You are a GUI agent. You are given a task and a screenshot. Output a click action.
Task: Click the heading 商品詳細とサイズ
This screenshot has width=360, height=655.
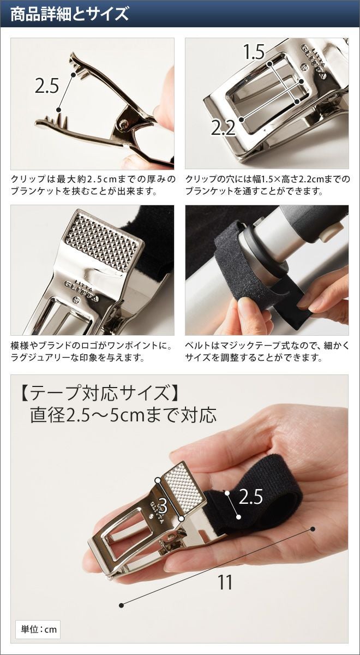(69, 14)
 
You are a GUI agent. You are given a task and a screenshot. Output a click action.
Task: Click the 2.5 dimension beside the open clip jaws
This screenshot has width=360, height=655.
(47, 86)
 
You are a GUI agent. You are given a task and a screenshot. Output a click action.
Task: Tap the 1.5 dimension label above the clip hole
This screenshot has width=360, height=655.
(254, 52)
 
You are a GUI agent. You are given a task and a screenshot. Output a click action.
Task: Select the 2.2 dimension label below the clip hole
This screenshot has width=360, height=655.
(223, 128)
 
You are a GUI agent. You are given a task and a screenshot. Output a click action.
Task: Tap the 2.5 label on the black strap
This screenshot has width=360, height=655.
(251, 496)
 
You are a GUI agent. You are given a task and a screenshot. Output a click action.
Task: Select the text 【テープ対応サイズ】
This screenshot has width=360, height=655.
(100, 392)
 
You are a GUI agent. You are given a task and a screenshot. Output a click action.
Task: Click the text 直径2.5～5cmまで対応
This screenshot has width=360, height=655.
(123, 415)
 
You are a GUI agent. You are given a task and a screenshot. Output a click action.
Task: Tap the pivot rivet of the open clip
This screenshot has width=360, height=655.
(124, 123)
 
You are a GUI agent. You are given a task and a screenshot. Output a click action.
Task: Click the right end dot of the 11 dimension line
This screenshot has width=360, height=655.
(313, 529)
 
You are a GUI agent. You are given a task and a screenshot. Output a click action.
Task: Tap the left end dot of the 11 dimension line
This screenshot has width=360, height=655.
(122, 597)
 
